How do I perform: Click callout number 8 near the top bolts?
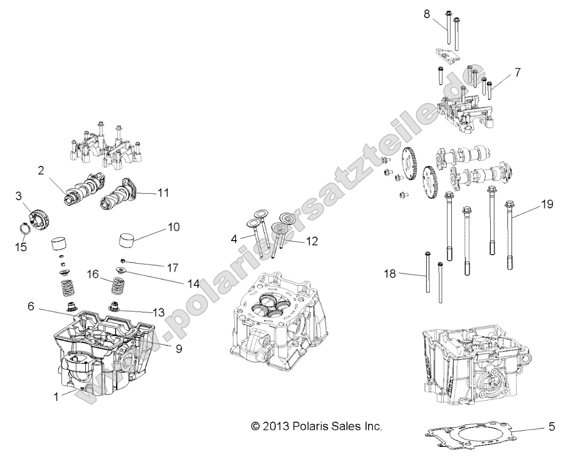[x=427, y=14]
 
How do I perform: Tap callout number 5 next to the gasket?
[x=551, y=427]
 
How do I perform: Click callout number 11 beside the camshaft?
[x=163, y=192]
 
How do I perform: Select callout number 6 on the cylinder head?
[x=31, y=306]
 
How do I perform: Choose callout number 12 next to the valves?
[x=312, y=242]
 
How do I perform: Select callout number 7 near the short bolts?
[x=516, y=72]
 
